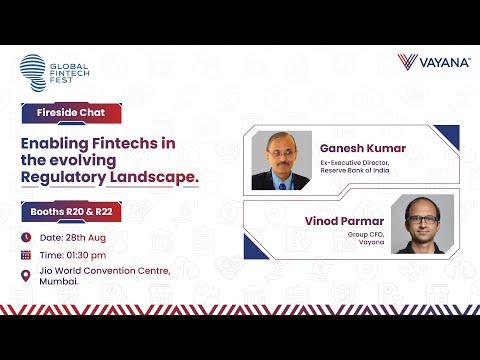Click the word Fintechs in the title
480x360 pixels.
140,143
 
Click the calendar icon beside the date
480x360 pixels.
27,237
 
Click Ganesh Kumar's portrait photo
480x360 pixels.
279,159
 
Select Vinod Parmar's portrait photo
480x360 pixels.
416,224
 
